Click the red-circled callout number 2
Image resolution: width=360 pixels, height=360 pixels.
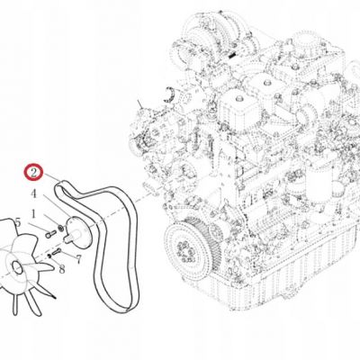click(x=33, y=173)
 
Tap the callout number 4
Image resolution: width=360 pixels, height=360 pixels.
click(x=33, y=193)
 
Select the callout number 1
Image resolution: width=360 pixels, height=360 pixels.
click(x=33, y=214)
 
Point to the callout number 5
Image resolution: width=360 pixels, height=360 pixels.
click(x=18, y=223)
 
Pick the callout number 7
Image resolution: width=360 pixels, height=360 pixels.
click(x=78, y=259)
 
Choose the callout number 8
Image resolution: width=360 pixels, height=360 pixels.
click(x=62, y=269)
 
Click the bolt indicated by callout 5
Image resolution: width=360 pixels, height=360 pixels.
click(x=51, y=233)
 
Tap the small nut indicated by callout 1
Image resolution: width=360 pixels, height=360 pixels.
click(x=61, y=229)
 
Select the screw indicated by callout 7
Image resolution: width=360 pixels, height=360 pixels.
click(x=56, y=252)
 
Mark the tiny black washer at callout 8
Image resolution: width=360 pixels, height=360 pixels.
click(x=49, y=256)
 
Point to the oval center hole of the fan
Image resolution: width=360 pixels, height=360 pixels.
click(x=17, y=267)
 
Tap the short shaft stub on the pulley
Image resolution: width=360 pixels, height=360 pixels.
click(x=69, y=237)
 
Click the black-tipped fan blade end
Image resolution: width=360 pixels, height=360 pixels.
click(x=54, y=297)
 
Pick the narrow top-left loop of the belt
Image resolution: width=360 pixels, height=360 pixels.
click(x=61, y=187)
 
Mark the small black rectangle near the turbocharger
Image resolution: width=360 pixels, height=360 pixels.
click(x=232, y=56)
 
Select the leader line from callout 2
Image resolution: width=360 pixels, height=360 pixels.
click(x=51, y=177)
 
